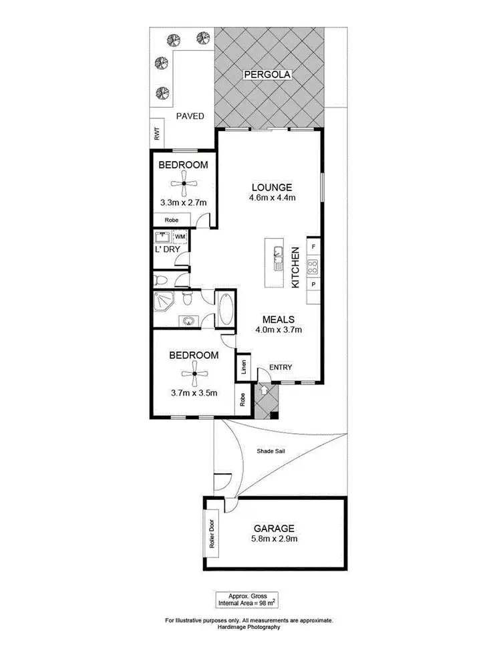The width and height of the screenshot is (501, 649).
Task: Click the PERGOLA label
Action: pyautogui.click(x=267, y=75)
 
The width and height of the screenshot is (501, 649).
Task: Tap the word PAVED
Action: pyautogui.click(x=190, y=116)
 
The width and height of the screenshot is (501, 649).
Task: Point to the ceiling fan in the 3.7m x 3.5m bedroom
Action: pyautogui.click(x=193, y=374)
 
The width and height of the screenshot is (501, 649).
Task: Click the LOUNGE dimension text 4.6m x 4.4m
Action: pyautogui.click(x=272, y=197)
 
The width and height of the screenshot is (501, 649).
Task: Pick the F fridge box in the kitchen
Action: pyautogui.click(x=314, y=246)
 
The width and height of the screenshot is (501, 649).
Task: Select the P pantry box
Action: pyautogui.click(x=314, y=284)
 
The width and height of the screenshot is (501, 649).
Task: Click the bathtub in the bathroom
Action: pyautogui.click(x=225, y=309)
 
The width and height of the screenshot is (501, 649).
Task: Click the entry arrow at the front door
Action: pyautogui.click(x=264, y=389)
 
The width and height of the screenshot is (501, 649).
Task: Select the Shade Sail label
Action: pyautogui.click(x=271, y=451)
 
